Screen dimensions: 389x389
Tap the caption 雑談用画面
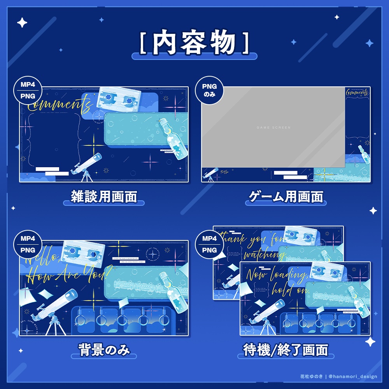tap(104, 196)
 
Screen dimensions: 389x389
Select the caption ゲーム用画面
tap(286, 196)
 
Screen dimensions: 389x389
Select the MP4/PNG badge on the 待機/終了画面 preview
tap(210, 244)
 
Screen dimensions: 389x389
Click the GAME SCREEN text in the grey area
tap(273, 128)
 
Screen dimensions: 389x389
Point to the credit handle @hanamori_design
tap(353, 377)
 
